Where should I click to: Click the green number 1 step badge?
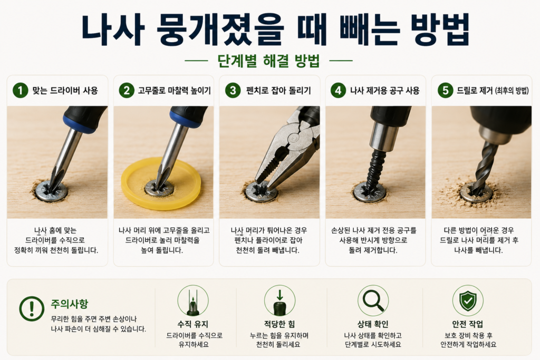tap(21, 91)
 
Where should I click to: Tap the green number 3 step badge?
tap(233, 91)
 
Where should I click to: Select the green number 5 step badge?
tap(445, 91)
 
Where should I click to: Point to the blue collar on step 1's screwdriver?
tap(79, 123)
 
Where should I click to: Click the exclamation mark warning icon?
tap(32, 309)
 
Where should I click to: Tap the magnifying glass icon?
tap(373, 300)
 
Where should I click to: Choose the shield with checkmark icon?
tap(468, 300)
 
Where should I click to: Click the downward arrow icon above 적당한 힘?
tap(279, 295)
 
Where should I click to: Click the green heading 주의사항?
tap(70, 304)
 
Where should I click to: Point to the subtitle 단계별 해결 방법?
tap(268, 61)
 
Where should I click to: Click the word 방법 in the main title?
tap(440, 30)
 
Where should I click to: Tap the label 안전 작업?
tap(467, 324)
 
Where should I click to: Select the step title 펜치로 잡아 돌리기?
tap(278, 91)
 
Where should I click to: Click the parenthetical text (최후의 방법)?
tap(512, 91)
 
